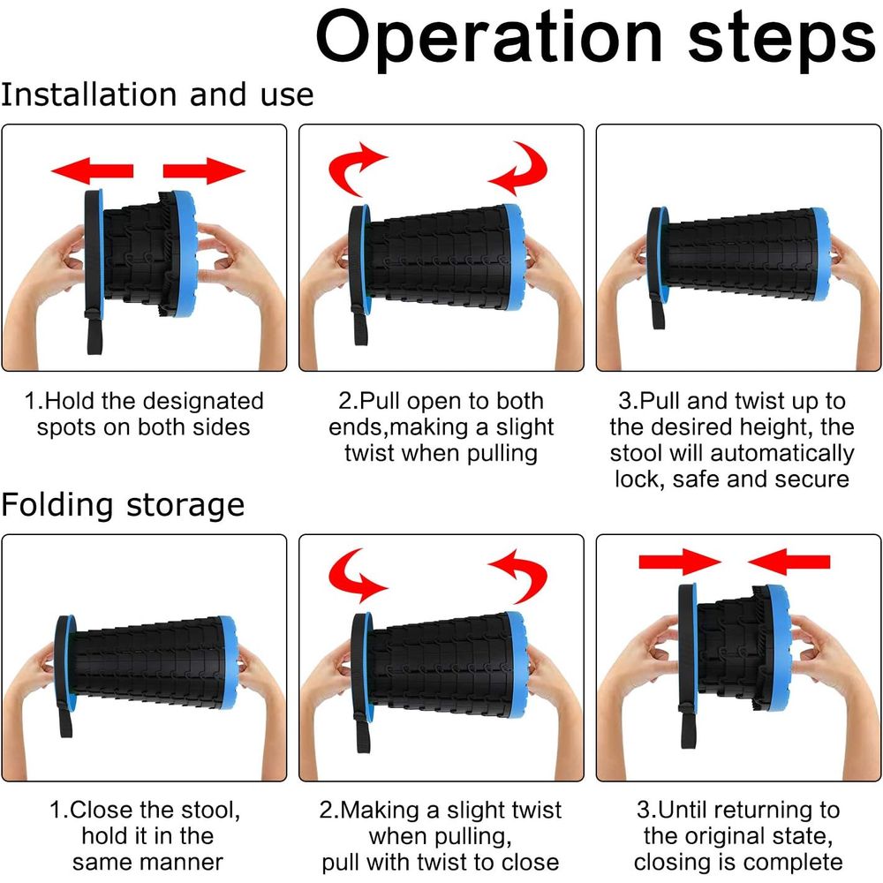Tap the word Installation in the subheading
(89, 94)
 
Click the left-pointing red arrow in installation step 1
(93, 170)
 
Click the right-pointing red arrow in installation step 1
(204, 170)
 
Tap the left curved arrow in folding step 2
(354, 576)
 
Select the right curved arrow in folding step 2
(521, 576)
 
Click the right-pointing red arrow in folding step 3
(680, 562)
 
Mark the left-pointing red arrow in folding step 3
(789, 562)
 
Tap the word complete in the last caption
(796, 862)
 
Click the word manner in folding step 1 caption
(187, 862)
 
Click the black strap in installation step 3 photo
(659, 308)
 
